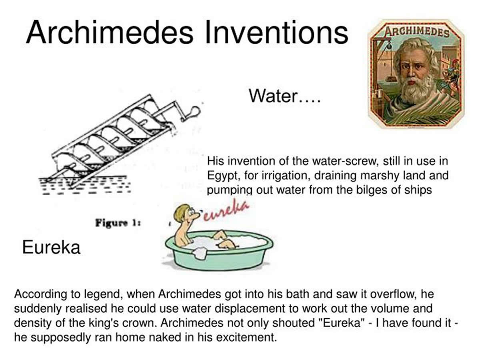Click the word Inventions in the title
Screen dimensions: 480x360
pos(276,32)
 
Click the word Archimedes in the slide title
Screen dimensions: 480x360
pos(109,32)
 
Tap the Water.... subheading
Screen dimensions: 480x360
pos(284,96)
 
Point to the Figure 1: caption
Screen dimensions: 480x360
pos(118,223)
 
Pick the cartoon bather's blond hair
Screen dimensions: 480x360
pos(182,212)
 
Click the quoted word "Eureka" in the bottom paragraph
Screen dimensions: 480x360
pos(342,323)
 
